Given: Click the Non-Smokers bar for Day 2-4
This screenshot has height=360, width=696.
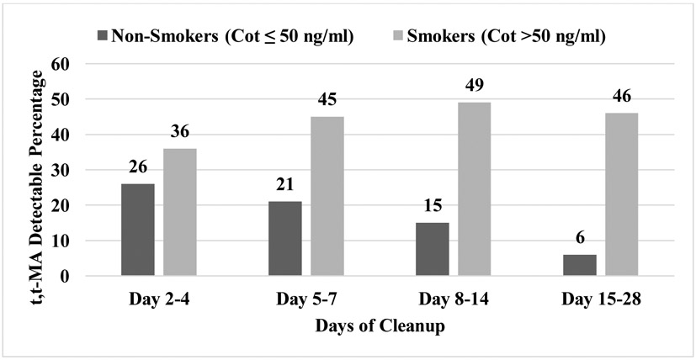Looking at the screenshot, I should click(137, 230).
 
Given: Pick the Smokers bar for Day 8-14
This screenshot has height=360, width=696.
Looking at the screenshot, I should click(474, 189).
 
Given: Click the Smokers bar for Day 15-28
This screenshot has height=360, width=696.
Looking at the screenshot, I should click(621, 194).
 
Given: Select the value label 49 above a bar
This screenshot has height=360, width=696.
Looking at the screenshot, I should click(474, 87).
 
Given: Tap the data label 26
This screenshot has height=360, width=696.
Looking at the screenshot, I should click(137, 168).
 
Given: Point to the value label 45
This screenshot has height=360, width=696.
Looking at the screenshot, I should click(327, 101).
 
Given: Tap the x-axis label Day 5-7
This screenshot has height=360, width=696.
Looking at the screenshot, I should click(305, 299).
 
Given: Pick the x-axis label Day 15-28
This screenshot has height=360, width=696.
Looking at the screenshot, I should click(600, 299).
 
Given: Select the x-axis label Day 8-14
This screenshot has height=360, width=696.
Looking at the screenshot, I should click(453, 299).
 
